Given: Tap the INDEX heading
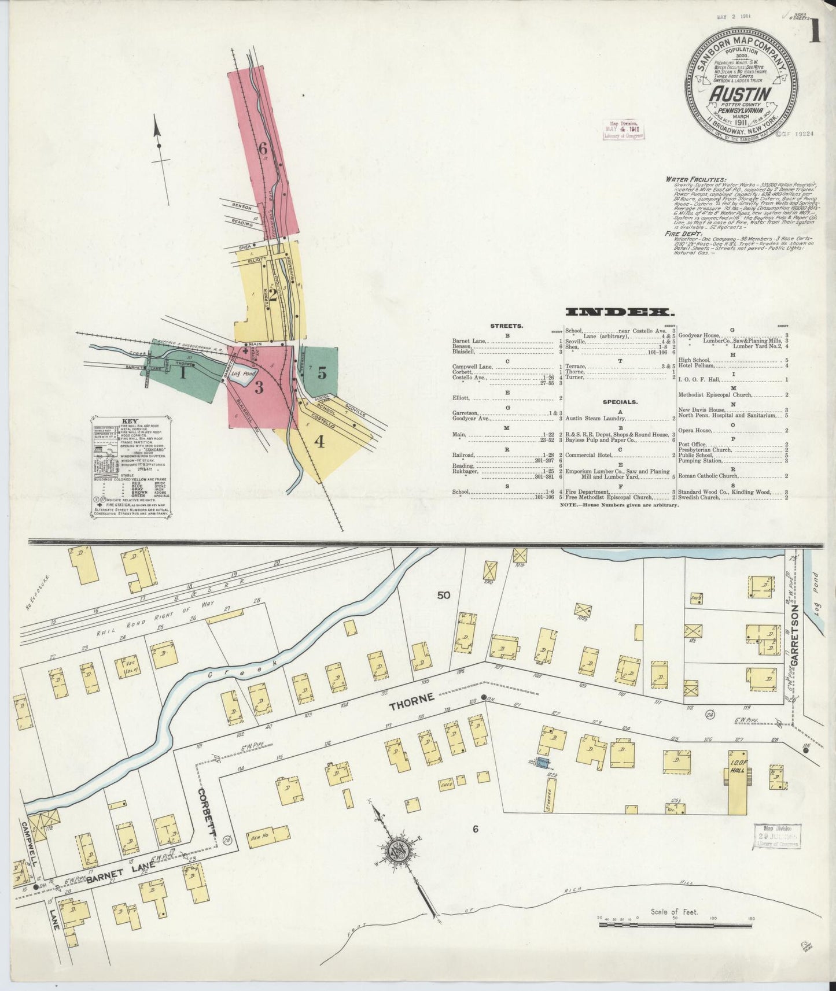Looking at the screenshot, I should tap(620, 313).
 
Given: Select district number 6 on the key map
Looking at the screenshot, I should tap(263, 149).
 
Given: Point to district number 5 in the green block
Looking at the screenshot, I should tap(322, 373).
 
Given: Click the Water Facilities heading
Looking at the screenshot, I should tap(696, 179).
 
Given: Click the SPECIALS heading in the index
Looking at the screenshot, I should tap(622, 401).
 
